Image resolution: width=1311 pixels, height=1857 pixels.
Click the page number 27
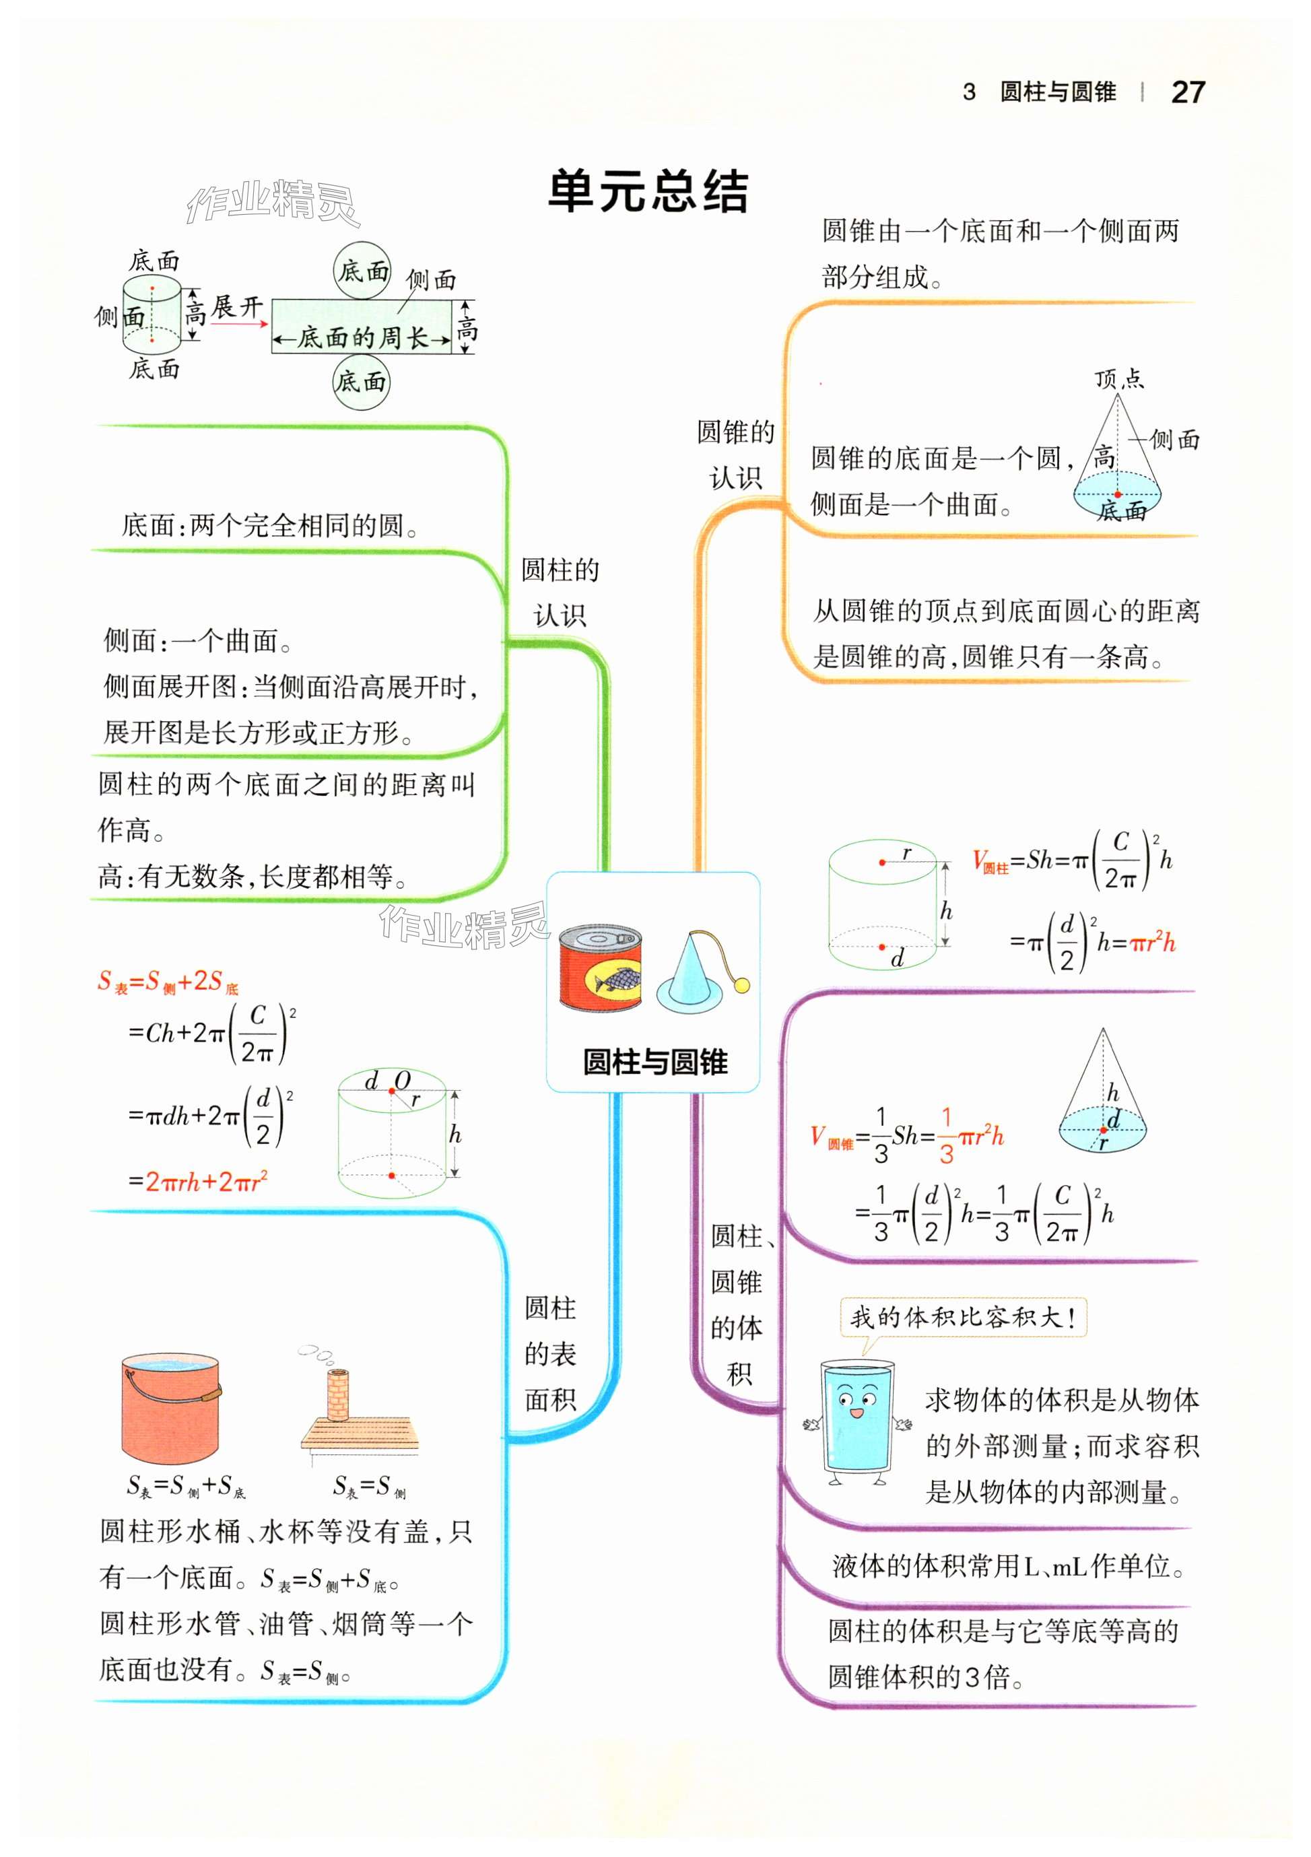tap(1187, 92)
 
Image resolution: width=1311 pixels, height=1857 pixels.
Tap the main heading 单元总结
tap(648, 192)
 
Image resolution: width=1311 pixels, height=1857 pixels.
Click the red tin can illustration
tap(601, 968)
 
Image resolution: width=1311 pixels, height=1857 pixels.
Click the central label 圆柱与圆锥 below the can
tap(655, 1062)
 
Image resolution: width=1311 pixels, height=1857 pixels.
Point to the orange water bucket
tap(170, 1408)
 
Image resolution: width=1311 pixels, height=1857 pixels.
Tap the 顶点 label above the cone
tap(1119, 378)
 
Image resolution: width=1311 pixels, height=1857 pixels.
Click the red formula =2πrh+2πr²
tap(198, 1182)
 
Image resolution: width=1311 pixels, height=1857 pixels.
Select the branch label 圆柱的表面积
tap(550, 1353)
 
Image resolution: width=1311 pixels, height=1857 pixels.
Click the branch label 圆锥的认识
tap(735, 454)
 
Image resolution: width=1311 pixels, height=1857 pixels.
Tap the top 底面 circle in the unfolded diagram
tap(362, 271)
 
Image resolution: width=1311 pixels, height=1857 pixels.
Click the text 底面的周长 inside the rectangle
tap(362, 338)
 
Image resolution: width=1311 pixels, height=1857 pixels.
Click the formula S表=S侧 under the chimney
tap(369, 1485)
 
